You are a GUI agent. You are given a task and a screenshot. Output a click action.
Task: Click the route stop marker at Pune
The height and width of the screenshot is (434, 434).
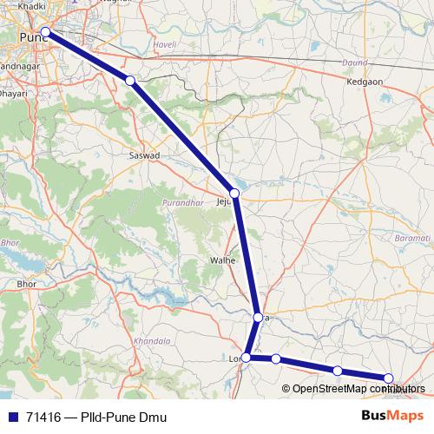click(x=45, y=32)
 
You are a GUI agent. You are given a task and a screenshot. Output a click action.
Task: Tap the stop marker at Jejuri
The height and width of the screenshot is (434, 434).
click(x=234, y=193)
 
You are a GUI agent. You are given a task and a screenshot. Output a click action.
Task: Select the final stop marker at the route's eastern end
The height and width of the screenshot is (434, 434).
click(x=389, y=378)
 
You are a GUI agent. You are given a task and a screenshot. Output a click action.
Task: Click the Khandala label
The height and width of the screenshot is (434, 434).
click(x=154, y=340)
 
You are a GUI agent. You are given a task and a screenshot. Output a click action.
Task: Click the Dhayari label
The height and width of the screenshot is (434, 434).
click(x=14, y=90)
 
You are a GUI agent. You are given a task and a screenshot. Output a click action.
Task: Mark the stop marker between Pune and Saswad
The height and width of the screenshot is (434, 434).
click(x=130, y=80)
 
